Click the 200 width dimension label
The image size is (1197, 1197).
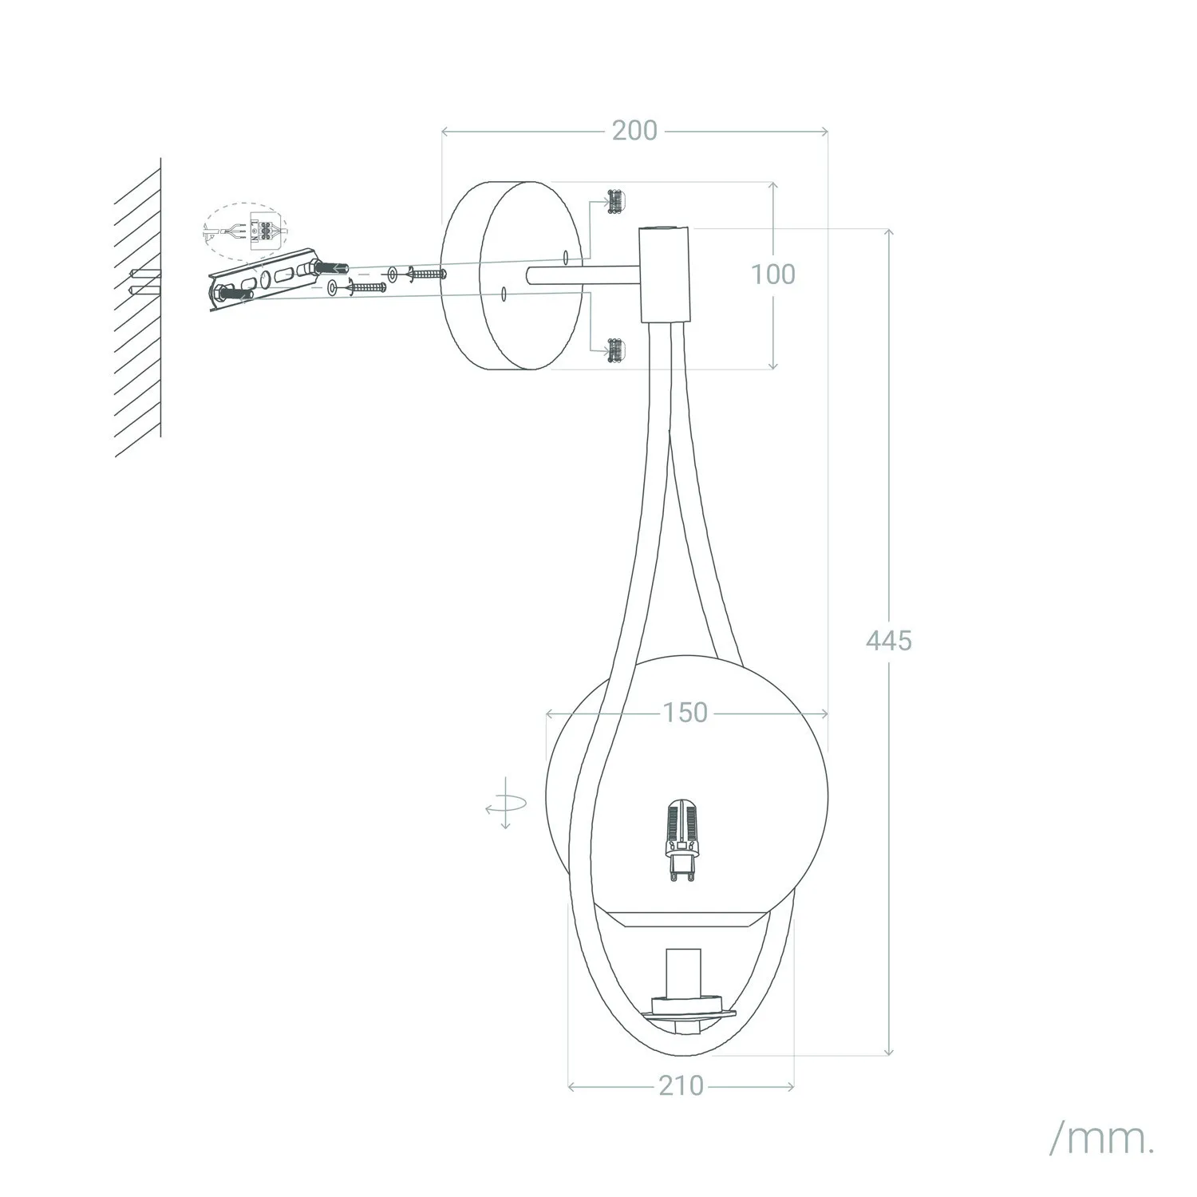click(634, 130)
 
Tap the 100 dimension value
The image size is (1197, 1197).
click(772, 275)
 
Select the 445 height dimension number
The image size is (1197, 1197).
click(888, 639)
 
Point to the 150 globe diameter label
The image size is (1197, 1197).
click(685, 712)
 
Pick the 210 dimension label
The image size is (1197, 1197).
click(681, 1085)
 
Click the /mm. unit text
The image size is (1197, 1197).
click(1101, 1142)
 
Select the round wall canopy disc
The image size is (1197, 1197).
click(513, 275)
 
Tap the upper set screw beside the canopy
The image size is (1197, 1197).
click(615, 201)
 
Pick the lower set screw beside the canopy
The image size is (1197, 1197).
click(615, 350)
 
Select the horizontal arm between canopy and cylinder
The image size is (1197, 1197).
click(583, 276)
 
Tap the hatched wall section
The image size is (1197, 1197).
click(137, 307)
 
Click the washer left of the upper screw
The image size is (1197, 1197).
click(392, 274)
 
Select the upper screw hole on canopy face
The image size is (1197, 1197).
click(565, 257)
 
